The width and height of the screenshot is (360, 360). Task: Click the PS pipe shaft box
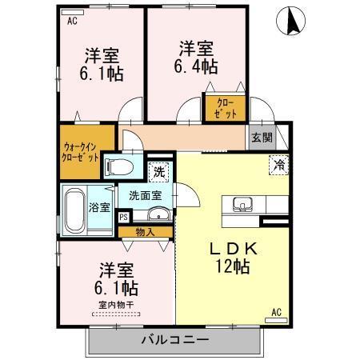(x=124, y=216)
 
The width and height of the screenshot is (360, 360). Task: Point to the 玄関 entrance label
(x=261, y=138)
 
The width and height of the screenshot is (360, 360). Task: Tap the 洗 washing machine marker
(x=159, y=170)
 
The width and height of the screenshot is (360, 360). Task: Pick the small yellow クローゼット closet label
(x=225, y=108)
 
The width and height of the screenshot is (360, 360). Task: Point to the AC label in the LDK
(x=277, y=311)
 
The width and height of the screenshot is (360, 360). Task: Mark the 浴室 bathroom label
(x=99, y=207)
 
